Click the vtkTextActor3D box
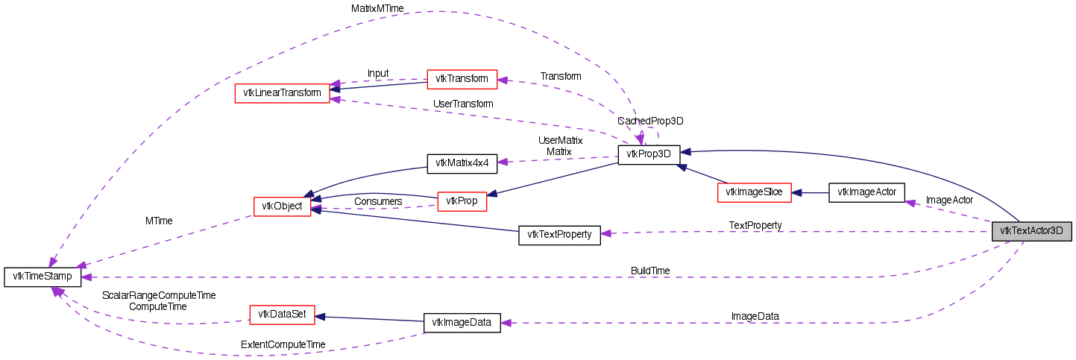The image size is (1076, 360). click(1031, 231)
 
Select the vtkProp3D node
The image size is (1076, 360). click(649, 154)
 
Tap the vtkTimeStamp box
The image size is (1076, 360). click(43, 277)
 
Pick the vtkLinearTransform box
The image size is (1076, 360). click(282, 93)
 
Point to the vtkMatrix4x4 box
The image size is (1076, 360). click(460, 163)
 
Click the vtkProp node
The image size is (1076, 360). click(462, 201)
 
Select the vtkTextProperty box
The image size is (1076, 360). click(559, 235)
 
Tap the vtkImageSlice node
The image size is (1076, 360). click(754, 192)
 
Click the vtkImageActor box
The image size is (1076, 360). click(866, 192)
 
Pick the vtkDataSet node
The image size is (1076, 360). click(282, 315)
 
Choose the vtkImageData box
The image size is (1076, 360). click(462, 323)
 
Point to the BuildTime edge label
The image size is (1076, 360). click(649, 271)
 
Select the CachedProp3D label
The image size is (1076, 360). click(650, 121)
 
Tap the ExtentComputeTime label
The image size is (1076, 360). click(283, 344)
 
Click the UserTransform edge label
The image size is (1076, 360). click(462, 104)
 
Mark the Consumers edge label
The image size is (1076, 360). click(378, 201)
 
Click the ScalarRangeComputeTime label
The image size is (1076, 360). click(158, 295)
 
